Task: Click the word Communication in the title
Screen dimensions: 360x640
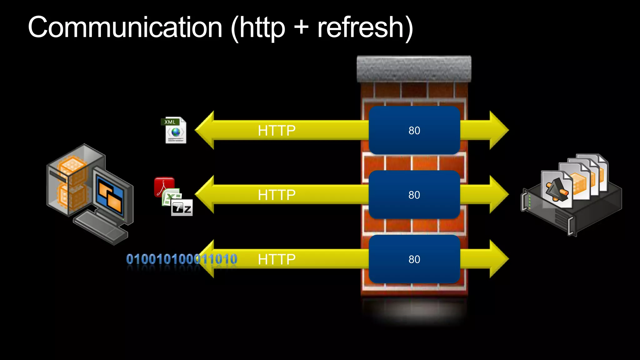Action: point(125,27)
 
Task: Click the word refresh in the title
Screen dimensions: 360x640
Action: point(361,27)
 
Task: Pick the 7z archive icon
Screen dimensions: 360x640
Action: point(182,207)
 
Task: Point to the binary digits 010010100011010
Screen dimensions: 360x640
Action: point(181,259)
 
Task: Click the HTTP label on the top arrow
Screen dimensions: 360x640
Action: point(277,130)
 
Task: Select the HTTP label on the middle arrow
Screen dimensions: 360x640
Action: point(277,195)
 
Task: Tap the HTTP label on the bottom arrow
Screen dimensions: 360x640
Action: point(277,259)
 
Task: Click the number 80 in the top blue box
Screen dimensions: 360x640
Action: point(414,130)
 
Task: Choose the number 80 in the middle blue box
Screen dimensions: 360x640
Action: point(414,195)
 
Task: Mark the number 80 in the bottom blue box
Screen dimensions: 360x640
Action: point(414,259)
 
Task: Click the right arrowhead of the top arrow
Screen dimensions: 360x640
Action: point(498,130)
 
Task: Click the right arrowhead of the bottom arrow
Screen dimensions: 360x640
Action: point(498,259)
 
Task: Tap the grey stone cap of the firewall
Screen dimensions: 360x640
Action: point(414,69)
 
